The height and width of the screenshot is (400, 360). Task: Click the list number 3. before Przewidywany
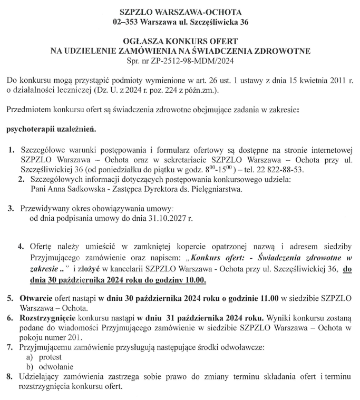[x=11, y=208]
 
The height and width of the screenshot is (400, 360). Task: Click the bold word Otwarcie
[x=36, y=298]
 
